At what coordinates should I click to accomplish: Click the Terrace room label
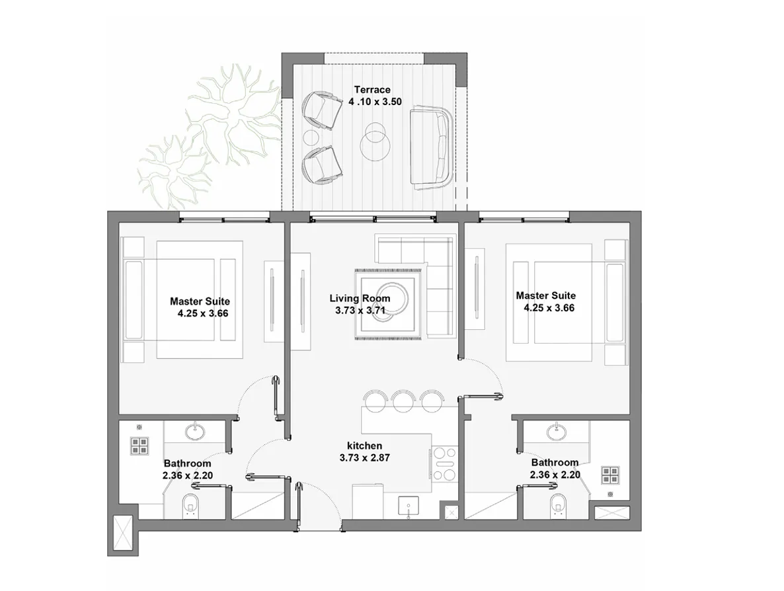(x=372, y=90)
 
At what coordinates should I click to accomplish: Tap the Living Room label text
(x=360, y=299)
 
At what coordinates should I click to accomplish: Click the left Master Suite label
(x=200, y=301)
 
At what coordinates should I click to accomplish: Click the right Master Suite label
(x=545, y=295)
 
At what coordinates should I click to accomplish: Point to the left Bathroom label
(x=187, y=463)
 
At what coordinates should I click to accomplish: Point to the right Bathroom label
(x=554, y=463)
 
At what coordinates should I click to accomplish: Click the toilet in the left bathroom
(x=191, y=506)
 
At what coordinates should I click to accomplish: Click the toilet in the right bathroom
(x=557, y=506)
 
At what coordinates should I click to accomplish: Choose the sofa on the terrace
(x=430, y=149)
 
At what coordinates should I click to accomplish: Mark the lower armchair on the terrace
(x=321, y=165)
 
